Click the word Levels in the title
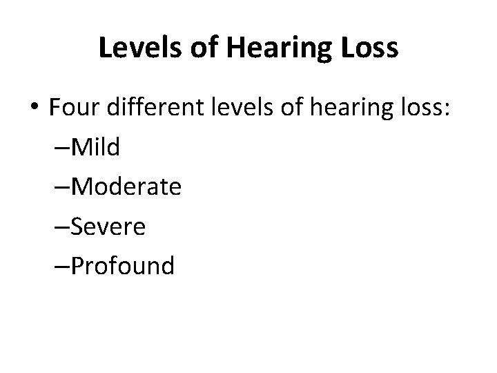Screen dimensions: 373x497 137,48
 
